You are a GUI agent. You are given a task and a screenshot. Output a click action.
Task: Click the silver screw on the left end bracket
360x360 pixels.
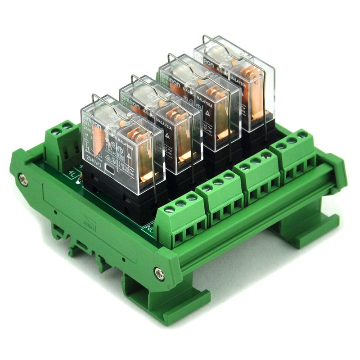[x=23, y=180]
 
